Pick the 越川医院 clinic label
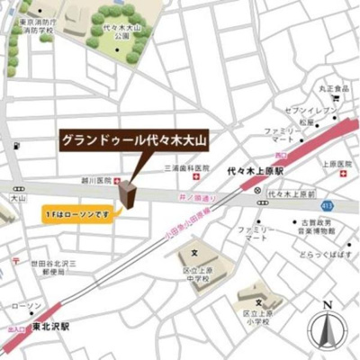(x=99, y=180)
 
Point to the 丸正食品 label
(x=332, y=89)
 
